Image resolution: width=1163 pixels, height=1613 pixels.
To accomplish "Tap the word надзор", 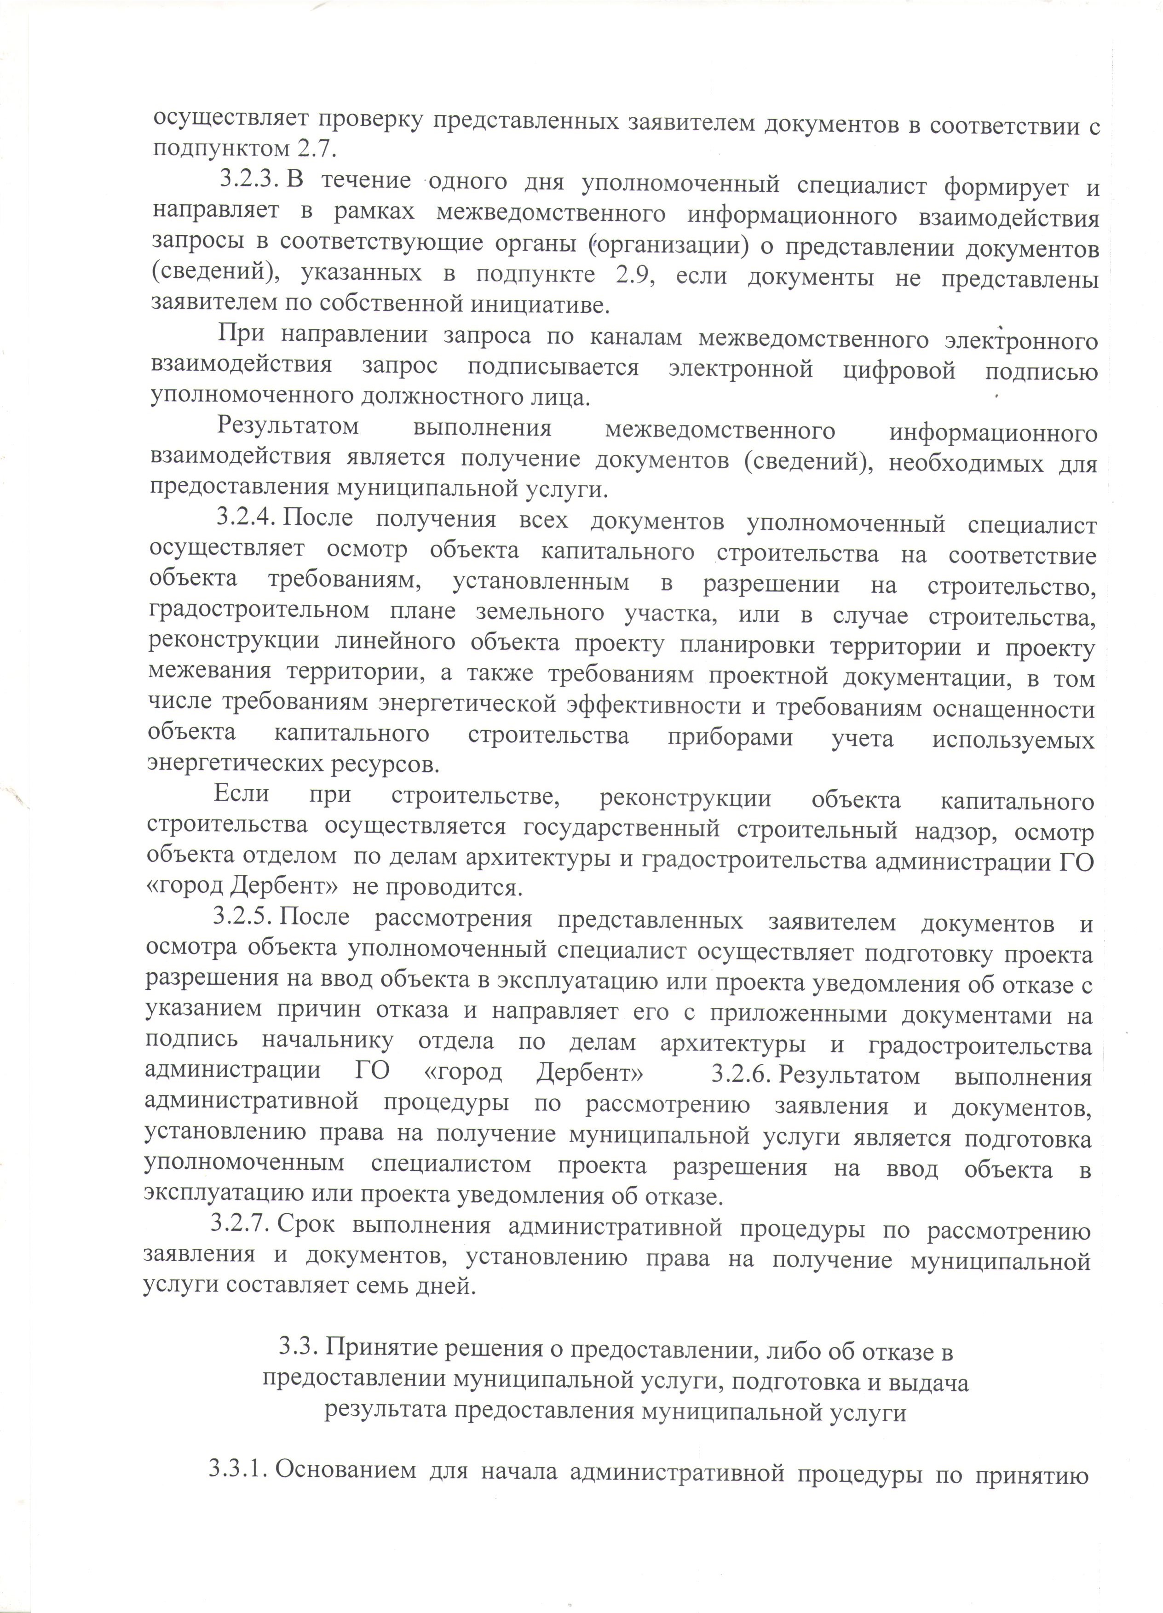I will point(972,832).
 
